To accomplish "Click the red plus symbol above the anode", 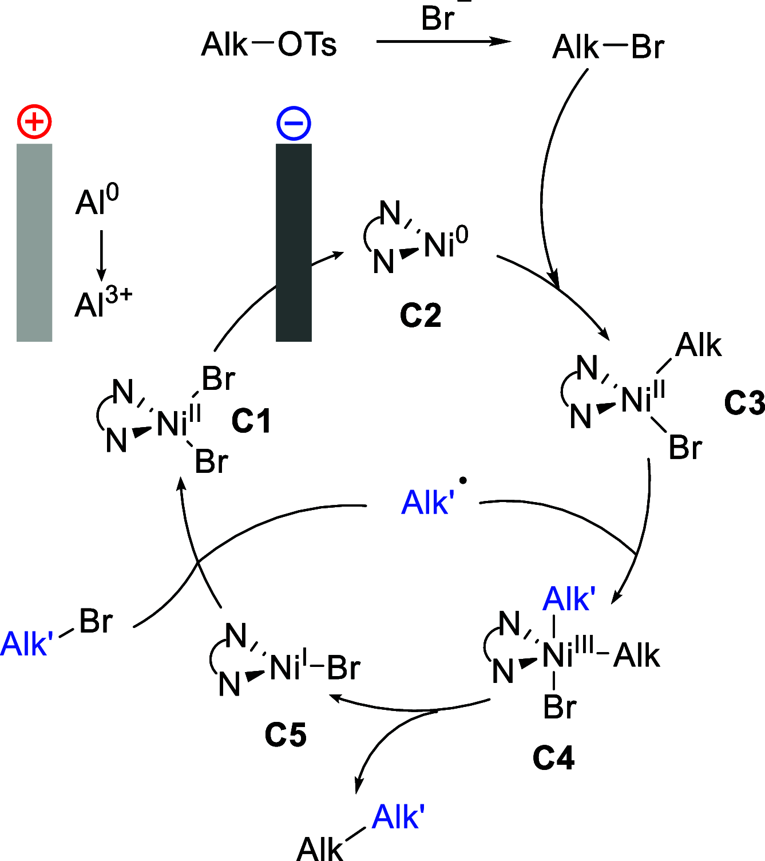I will coord(34,122).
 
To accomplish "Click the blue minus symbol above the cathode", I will coord(294,123).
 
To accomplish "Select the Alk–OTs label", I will coord(269,45).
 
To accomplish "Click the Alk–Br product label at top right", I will coord(608,47).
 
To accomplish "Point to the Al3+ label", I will coord(103,303).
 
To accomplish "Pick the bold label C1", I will coord(251,422).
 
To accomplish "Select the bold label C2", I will coord(421,315).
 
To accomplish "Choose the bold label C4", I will coord(553,758).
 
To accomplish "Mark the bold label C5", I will coord(285,734).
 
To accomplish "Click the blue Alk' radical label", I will coord(429,502).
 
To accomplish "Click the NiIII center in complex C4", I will coord(566,654).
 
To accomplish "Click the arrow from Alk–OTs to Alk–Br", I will coord(443,41).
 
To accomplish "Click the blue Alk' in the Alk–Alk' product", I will coord(398,816).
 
